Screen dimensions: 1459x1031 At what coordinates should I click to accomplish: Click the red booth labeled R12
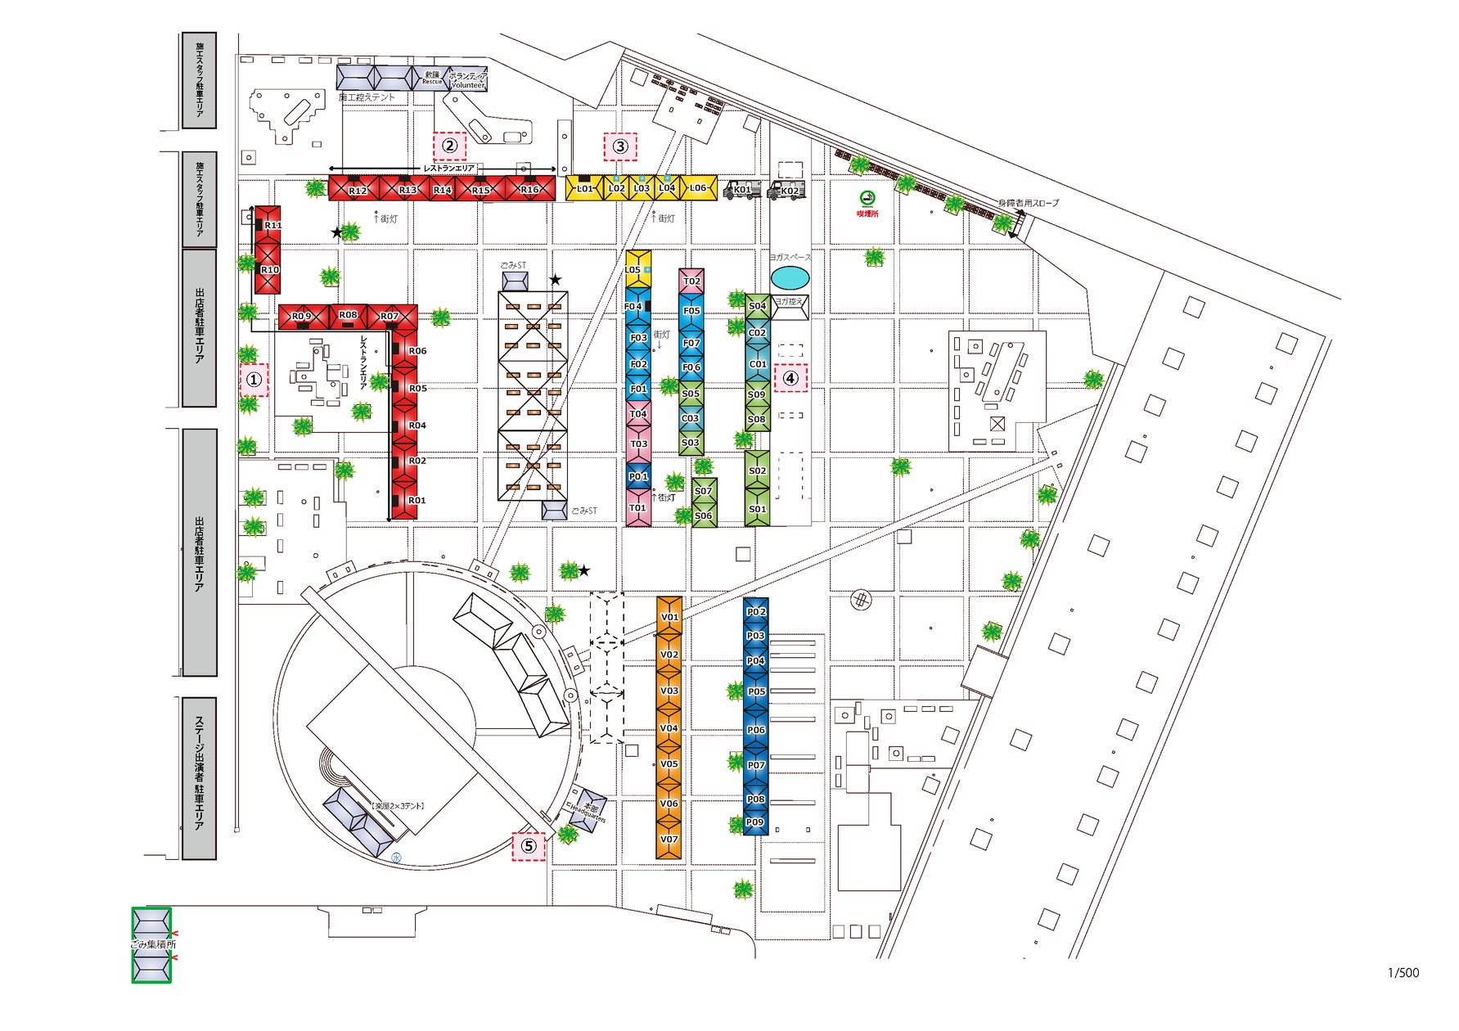tap(357, 189)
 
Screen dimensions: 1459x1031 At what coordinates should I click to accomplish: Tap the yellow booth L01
tap(583, 188)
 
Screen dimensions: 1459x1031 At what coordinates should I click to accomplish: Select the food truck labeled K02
tap(788, 190)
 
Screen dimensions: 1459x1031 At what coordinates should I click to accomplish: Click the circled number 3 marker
tap(620, 146)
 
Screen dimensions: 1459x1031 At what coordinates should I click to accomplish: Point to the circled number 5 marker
tap(529, 846)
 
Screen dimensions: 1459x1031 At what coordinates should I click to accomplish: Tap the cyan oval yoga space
tap(789, 278)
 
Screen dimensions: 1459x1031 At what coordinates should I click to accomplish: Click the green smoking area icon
tap(867, 198)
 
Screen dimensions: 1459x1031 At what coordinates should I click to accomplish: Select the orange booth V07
tap(669, 840)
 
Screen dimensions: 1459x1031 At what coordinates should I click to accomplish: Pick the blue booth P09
tap(755, 822)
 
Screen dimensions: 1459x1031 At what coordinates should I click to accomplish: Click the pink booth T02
tap(691, 281)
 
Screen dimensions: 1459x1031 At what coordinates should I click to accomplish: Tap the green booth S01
tap(757, 509)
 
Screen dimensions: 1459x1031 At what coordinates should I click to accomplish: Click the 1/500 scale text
tap(1403, 973)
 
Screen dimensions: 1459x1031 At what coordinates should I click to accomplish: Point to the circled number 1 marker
tap(254, 380)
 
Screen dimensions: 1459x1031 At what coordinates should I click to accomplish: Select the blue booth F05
tap(691, 311)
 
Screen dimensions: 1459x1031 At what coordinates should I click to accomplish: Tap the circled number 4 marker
tap(790, 378)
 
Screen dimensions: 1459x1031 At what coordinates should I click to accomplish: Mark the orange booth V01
tap(669, 617)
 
